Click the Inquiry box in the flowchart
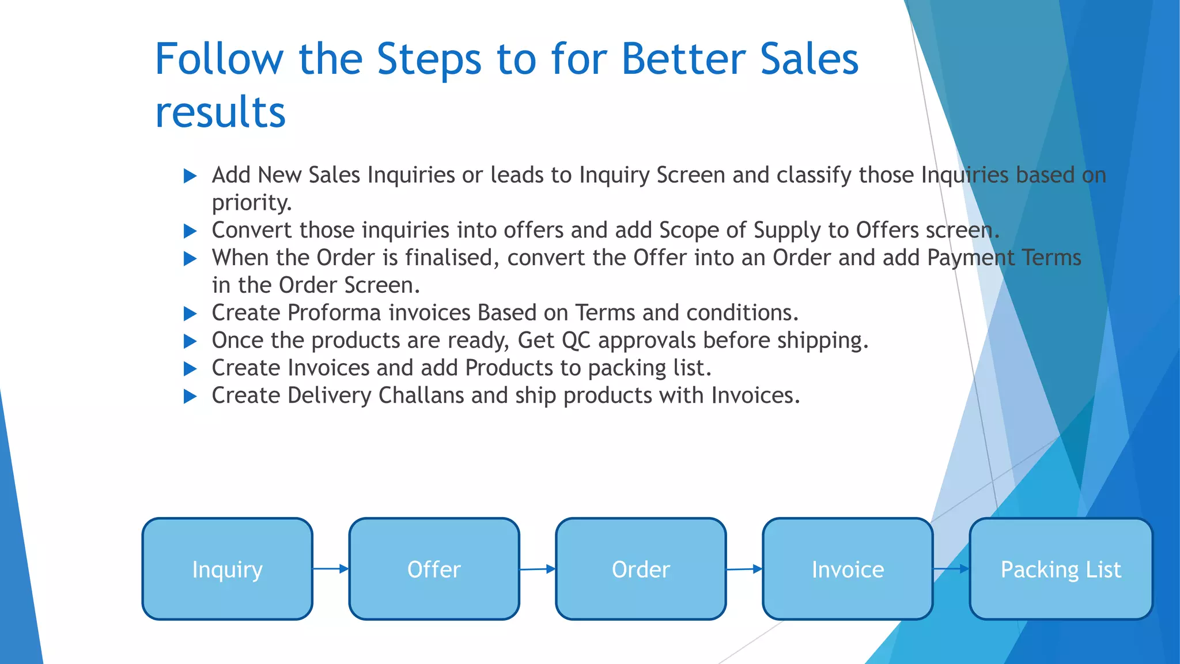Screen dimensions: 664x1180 [227, 569]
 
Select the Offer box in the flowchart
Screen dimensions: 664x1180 [434, 569]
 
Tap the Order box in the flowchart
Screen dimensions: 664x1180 [640, 569]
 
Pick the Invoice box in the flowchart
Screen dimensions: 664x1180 [847, 569]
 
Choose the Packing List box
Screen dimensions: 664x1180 [1060, 569]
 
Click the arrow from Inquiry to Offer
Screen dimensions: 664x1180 [331, 569]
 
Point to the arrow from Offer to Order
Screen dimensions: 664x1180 [538, 569]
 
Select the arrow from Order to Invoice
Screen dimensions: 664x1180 [744, 569]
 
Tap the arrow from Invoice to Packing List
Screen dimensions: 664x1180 [951, 569]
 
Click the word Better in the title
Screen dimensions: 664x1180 [683, 59]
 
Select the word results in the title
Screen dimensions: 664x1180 [220, 112]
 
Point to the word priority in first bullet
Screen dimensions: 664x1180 [251, 203]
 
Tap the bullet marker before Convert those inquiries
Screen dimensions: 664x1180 [190, 231]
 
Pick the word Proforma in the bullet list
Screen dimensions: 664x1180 [334, 313]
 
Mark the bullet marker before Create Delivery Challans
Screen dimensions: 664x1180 [190, 397]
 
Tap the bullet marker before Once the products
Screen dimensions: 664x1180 [190, 341]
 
